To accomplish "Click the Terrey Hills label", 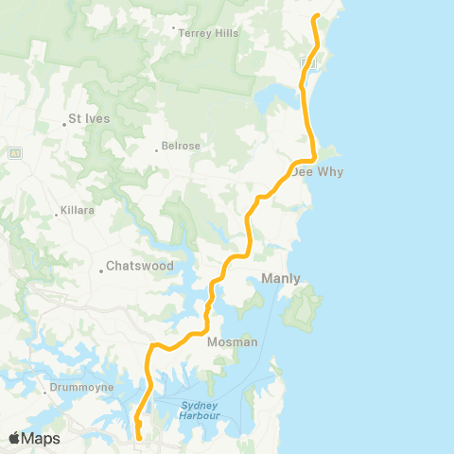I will [x=209, y=32].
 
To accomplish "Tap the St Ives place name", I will [x=90, y=119].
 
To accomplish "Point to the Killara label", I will [x=78, y=210].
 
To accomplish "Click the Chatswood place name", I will [x=140, y=267].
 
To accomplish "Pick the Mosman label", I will [x=232, y=341].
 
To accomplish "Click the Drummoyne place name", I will [x=83, y=387].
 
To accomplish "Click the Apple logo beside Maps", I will [x=14, y=438].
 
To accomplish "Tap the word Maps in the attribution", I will [x=42, y=438].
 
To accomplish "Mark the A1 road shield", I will [x=14, y=151].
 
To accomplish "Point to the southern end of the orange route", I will [x=139, y=438].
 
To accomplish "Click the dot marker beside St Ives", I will [x=63, y=120].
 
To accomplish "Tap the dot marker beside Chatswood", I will [x=100, y=272].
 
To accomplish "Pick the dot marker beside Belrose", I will [x=157, y=148].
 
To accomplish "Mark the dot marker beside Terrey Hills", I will [x=175, y=27].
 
